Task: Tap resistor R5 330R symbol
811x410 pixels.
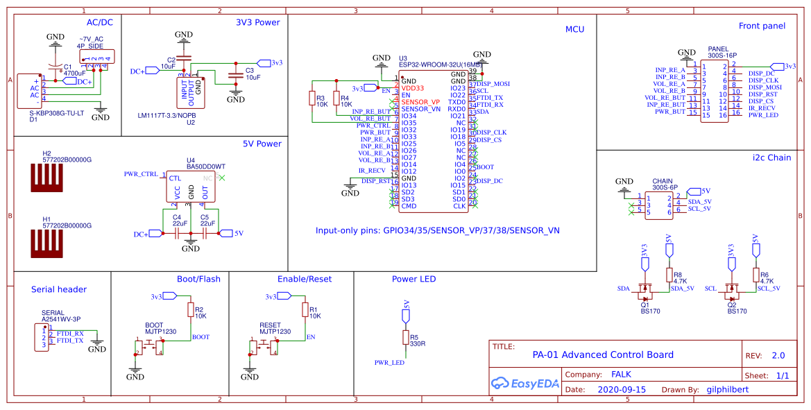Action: [405, 338]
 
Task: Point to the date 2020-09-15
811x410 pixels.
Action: [621, 390]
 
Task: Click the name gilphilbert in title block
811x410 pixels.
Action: [726, 390]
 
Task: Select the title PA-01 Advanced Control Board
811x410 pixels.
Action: [603, 355]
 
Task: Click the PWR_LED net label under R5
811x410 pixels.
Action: [389, 362]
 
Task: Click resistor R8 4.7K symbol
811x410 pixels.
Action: [669, 275]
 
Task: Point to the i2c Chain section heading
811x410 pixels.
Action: [771, 157]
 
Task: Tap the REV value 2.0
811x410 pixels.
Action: [778, 355]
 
